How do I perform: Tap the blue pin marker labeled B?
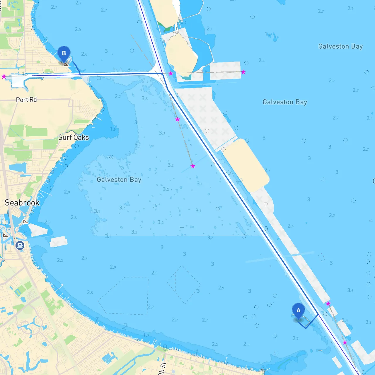[64, 54]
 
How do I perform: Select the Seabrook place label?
[22, 203]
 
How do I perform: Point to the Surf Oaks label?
[74, 137]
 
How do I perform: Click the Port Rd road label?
[26, 100]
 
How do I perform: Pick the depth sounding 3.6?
[350, 290]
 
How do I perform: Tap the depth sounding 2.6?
[84, 54]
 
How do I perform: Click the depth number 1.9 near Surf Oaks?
[113, 129]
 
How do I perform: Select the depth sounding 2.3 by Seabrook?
[47, 222]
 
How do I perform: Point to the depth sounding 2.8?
[74, 217]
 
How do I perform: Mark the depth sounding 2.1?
[209, 29]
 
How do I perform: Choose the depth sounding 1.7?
[146, 335]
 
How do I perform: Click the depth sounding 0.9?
[183, 22]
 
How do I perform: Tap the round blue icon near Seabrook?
[20, 245]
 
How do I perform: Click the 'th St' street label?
[162, 369]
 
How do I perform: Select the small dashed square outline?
[322, 257]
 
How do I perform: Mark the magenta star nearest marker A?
[328, 304]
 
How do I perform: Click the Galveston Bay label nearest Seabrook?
[119, 180]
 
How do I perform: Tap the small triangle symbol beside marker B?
[66, 64]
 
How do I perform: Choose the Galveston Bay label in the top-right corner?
[340, 46]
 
